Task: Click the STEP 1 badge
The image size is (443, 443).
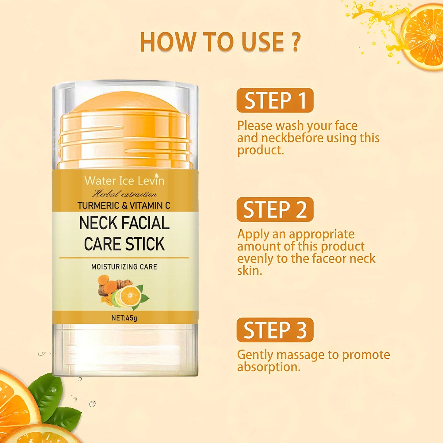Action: click(275, 100)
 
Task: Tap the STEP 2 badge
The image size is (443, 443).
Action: click(275, 209)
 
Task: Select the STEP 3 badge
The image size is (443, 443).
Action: click(275, 330)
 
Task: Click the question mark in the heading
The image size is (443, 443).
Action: click(296, 42)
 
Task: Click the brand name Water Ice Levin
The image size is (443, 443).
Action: click(124, 181)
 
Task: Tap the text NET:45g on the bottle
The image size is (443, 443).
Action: click(124, 318)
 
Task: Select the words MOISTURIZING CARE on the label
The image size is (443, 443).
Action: click(124, 267)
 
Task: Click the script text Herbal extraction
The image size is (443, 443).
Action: click(124, 194)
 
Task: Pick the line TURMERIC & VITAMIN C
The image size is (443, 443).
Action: click(124, 205)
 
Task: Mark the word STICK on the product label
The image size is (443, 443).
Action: click(145, 244)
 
